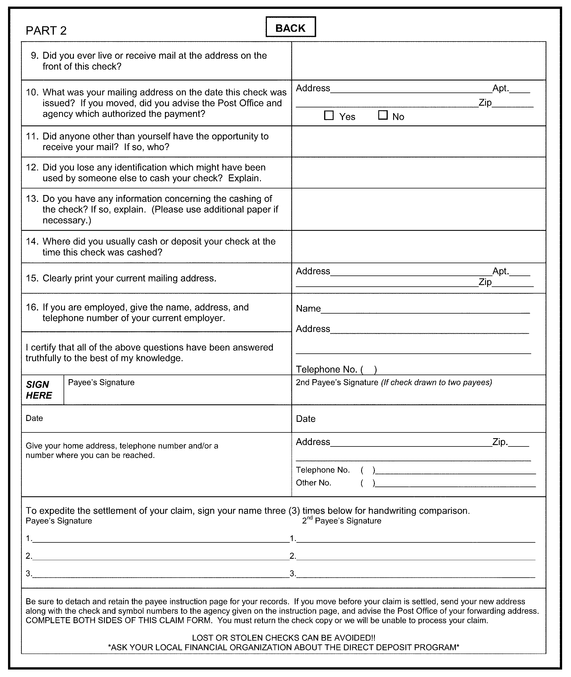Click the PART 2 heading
[46, 31]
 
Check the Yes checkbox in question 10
[329, 116]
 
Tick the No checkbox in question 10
[383, 115]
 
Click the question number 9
[34, 56]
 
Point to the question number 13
[32, 199]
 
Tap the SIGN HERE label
[39, 390]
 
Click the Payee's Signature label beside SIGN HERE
[101, 382]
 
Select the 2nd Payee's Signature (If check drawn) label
[394, 382]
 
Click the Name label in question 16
[308, 308]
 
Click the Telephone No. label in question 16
[326, 369]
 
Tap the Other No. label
[313, 483]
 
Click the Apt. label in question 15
[501, 271]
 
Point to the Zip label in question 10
[485, 103]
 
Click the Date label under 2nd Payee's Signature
[306, 419]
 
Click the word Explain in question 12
[244, 178]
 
